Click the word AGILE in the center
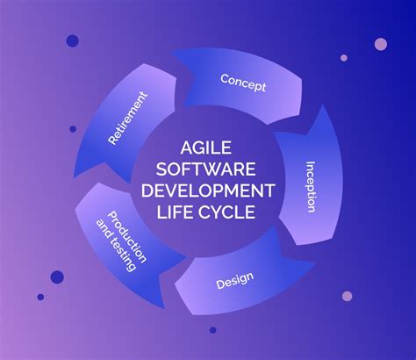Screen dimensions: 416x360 (x=205, y=148)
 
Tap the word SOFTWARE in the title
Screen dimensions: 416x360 (x=205, y=169)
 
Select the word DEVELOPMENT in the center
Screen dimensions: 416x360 (x=208, y=191)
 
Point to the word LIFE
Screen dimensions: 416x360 (x=174, y=212)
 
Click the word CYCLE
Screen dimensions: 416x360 (x=226, y=212)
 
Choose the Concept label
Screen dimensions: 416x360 (x=243, y=83)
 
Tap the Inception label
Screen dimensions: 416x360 (x=311, y=187)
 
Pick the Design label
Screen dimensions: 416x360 (x=234, y=280)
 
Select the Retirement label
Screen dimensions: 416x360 (x=127, y=118)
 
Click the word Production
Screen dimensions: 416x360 (x=127, y=237)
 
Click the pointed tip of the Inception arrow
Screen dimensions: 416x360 (x=323, y=105)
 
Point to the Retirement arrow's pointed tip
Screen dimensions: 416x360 (x=75, y=177)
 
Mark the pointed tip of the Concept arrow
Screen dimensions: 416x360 (x=171, y=50)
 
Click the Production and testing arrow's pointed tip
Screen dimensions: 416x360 (x=164, y=308)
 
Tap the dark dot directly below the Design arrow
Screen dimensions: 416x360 (x=213, y=330)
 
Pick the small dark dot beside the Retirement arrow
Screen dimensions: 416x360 (x=73, y=129)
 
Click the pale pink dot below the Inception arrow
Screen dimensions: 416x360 (x=348, y=296)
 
